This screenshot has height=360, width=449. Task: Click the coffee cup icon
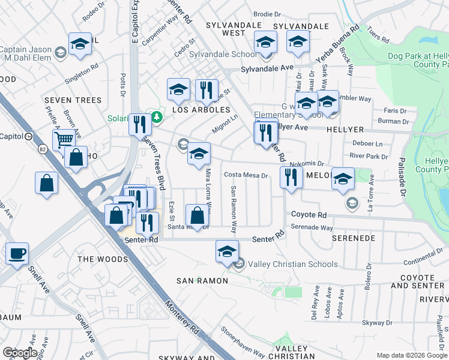point(17,253)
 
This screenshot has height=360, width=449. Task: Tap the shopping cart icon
point(64,140)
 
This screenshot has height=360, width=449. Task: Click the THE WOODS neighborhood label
point(103,259)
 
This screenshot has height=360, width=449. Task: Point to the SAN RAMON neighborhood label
point(202,281)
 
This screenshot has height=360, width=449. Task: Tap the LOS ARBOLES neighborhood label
point(201,110)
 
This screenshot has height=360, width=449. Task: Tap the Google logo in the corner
point(20,353)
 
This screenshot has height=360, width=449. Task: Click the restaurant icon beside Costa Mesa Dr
point(290,177)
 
